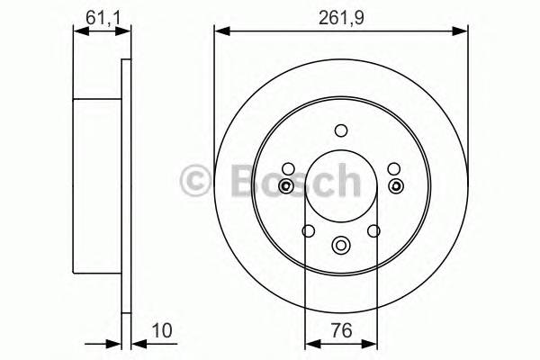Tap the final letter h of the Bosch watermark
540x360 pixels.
tap(344, 179)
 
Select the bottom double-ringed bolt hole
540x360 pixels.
tap(340, 244)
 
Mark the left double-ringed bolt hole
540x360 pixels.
tap(285, 186)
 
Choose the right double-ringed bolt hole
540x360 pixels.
tap(395, 186)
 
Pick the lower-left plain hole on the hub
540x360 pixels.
tap(307, 231)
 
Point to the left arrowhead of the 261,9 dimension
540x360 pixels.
tap(220, 32)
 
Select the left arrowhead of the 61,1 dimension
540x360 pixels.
tap(78, 32)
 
